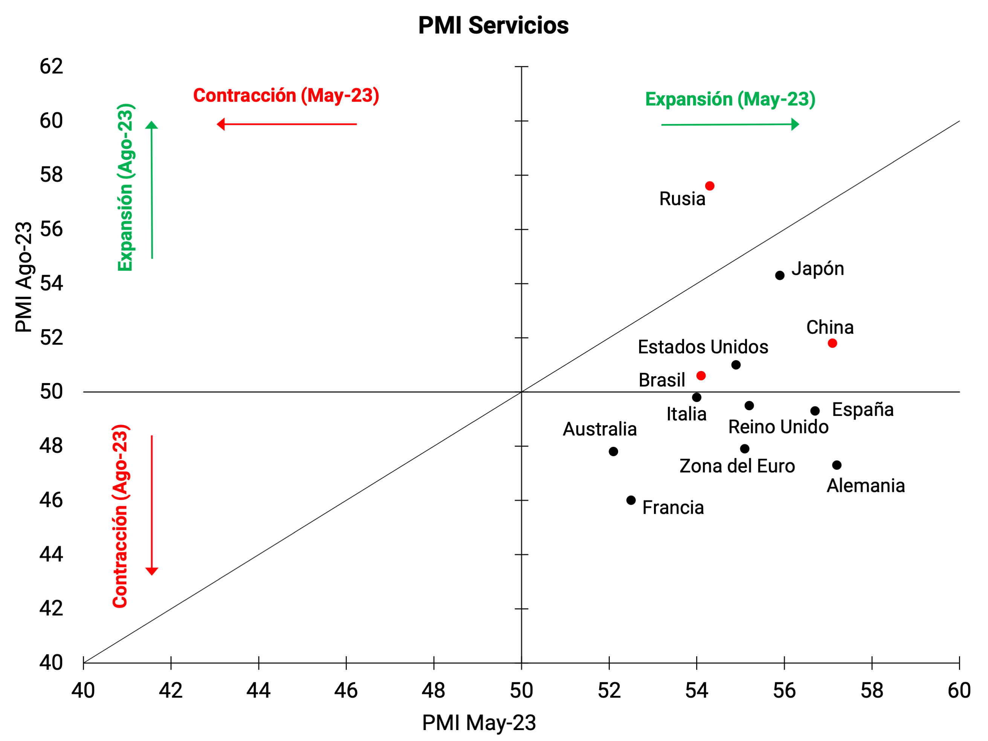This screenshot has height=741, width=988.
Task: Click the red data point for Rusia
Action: click(710, 186)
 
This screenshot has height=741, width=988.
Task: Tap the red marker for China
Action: click(832, 343)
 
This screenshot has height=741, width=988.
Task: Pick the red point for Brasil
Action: click(701, 376)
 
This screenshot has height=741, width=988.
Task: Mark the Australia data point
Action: click(613, 452)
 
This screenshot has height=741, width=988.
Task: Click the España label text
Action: click(863, 409)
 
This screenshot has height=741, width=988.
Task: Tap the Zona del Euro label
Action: click(737, 466)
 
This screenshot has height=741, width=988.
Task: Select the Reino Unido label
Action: click(778, 427)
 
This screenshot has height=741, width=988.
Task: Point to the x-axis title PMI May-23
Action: click(479, 723)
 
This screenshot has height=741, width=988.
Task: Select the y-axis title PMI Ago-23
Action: click(24, 277)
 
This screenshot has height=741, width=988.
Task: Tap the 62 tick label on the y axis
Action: click(51, 67)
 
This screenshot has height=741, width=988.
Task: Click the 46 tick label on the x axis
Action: click(346, 691)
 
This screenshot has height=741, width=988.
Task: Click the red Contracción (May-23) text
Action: click(286, 96)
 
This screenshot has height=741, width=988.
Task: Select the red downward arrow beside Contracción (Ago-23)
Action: click(152, 505)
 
